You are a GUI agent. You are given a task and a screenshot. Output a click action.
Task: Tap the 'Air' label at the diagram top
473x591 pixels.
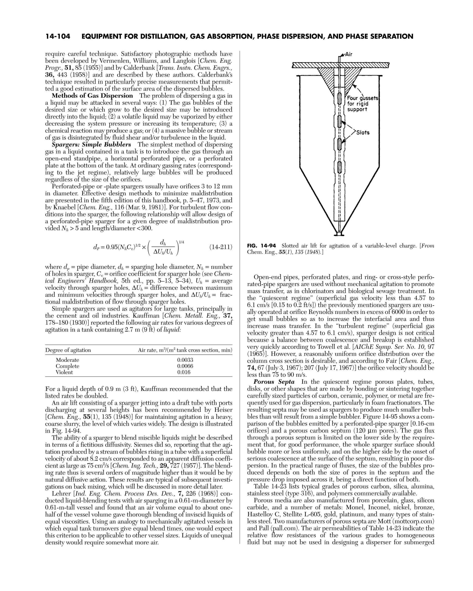pos(348,54)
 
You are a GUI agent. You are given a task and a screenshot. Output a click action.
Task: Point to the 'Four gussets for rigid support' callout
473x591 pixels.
pos(362,104)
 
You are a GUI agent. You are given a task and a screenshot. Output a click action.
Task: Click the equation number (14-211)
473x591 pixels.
pos(221,247)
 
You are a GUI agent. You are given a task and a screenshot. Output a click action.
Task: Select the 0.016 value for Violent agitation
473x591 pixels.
pos(184,372)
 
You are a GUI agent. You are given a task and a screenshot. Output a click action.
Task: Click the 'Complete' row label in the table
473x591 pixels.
pos(67,366)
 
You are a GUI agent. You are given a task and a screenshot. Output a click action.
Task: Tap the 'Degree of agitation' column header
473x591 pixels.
pos(68,350)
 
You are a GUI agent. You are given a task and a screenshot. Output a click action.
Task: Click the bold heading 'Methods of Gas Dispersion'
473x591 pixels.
pos(92,96)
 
